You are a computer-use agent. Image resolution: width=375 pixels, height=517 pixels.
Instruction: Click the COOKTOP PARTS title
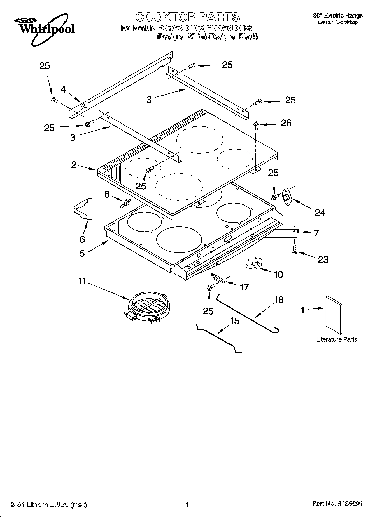pos(188,17)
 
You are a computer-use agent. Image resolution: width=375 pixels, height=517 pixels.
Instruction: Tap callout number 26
pos(286,123)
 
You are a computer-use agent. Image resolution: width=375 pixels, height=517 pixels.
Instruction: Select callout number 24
pos(320,213)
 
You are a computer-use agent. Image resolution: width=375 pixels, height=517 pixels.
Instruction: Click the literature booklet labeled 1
pos(334,315)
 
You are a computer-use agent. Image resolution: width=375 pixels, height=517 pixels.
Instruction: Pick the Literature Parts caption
pos(337,339)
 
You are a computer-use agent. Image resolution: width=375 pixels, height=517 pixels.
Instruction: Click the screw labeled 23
pos(294,249)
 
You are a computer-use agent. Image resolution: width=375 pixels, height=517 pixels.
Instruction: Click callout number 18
pos(279,300)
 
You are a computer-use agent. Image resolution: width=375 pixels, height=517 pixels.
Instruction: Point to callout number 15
pos(235,321)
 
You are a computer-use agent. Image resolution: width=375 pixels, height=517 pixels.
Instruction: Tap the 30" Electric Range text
pos(338,16)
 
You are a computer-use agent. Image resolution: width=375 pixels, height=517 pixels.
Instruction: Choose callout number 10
pos(278,274)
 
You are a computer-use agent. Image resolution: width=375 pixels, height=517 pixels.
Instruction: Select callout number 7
pos(316,233)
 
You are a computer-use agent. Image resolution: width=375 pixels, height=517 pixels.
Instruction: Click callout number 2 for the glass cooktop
pos(74,165)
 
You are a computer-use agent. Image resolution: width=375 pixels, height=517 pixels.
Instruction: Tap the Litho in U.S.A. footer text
pos(48,505)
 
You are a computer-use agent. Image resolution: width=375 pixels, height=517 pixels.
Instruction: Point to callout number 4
pos(63,89)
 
